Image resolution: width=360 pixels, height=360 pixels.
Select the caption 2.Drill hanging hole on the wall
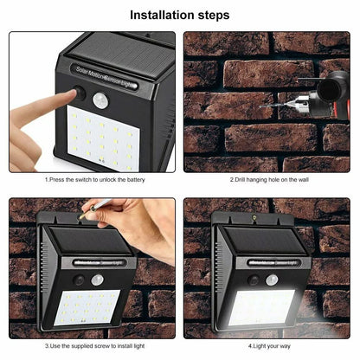(x=267, y=180)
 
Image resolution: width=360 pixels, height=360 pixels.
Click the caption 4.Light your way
(x=267, y=346)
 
